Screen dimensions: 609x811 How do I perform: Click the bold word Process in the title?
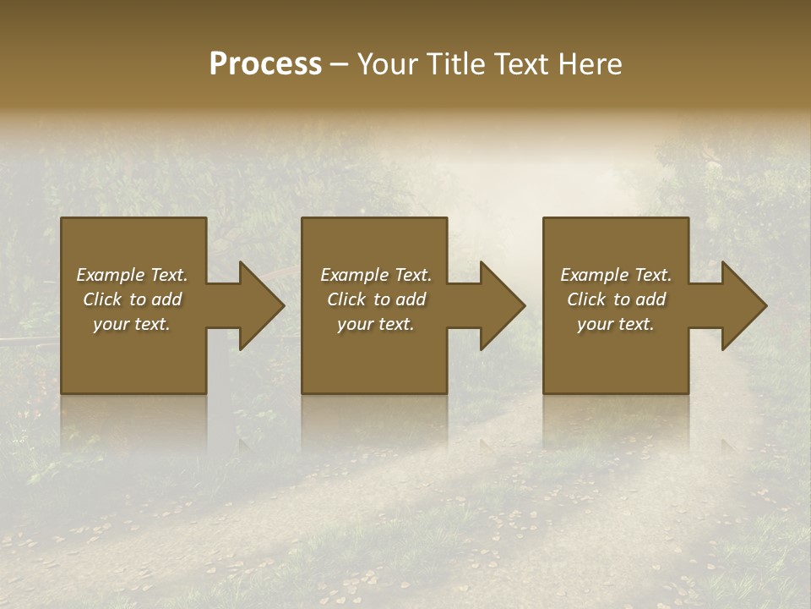click(x=265, y=64)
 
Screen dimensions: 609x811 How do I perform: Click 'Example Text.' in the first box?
click(x=133, y=275)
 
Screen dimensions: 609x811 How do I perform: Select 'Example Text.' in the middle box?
click(x=376, y=275)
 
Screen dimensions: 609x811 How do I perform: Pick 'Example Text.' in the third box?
click(x=616, y=275)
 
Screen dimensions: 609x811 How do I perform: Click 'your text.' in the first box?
click(x=132, y=324)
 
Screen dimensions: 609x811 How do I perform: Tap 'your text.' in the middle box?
click(x=376, y=324)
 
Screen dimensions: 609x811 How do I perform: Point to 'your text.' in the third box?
click(x=616, y=324)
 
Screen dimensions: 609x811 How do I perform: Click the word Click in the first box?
click(x=102, y=299)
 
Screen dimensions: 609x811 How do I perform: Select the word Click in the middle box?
click(x=346, y=299)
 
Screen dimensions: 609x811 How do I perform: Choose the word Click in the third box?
click(x=586, y=299)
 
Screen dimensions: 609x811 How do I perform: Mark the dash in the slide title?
click(x=340, y=64)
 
